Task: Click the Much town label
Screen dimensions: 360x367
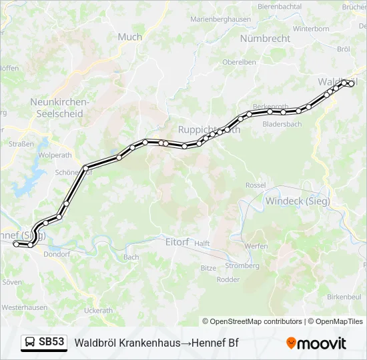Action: coord(129,37)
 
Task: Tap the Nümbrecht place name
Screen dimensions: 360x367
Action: coord(265,39)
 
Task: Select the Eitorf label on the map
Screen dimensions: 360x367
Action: coord(177,242)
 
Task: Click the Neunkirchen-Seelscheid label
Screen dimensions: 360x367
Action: coord(59,108)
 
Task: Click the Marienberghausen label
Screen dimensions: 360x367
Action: coord(220,19)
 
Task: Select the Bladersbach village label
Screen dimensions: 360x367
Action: coord(282,124)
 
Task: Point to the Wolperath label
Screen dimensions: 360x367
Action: coord(55,155)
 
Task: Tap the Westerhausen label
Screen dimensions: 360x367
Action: coord(24,307)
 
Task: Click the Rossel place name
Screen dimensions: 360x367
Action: coord(256,185)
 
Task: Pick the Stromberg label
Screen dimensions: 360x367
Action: coord(242,265)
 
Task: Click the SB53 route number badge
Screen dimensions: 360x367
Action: coord(51,343)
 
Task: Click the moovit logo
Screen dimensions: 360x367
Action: coord(316,343)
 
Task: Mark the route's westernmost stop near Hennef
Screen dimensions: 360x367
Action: coord(16,244)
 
